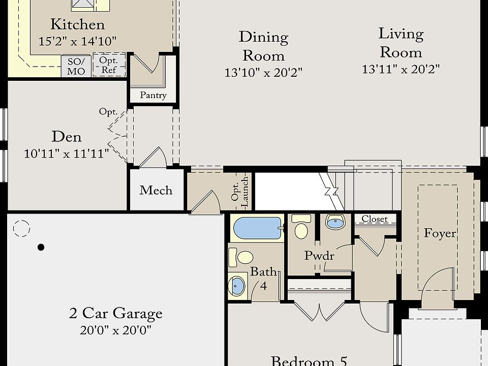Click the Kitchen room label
click(x=77, y=24)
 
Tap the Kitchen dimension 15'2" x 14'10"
click(x=77, y=41)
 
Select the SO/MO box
click(x=76, y=66)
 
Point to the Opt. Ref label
click(x=109, y=65)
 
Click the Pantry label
click(x=153, y=95)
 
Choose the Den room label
click(x=66, y=137)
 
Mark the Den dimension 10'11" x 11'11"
click(x=66, y=154)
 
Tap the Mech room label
click(x=156, y=190)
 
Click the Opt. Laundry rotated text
click(x=240, y=192)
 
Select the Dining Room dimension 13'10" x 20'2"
click(x=263, y=73)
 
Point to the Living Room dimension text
click(x=401, y=69)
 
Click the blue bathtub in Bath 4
click(x=257, y=228)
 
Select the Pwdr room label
click(x=319, y=256)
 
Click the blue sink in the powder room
click(x=335, y=222)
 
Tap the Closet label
click(x=375, y=219)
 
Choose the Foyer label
click(x=440, y=233)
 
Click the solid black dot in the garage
click(x=41, y=247)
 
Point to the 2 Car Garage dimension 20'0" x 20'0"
click(x=115, y=330)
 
